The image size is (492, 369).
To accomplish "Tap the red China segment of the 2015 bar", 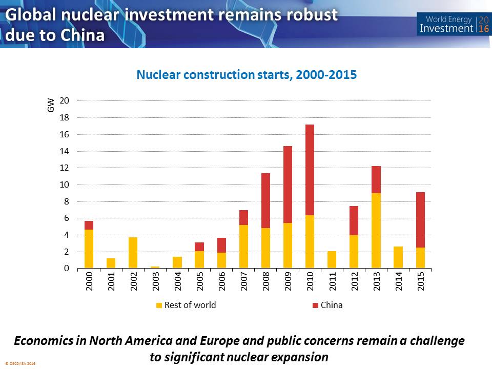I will pos(420,220).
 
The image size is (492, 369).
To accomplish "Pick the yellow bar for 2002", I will pos(132,253).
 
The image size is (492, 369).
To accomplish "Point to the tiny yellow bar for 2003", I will pos(155,267).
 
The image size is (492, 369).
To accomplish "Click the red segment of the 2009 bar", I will pos(288,184).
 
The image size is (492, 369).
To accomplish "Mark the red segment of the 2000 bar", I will pos(89,225).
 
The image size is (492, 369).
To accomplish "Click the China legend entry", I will pos(327,305).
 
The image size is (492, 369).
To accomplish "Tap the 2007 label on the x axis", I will pos(243,283).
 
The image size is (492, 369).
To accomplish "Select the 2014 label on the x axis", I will pos(398,283).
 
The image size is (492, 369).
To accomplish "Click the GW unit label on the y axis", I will pos(51,107).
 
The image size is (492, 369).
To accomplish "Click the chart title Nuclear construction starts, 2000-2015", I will pos(246,75).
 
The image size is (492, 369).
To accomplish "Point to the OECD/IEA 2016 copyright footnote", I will pos(20,363).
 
